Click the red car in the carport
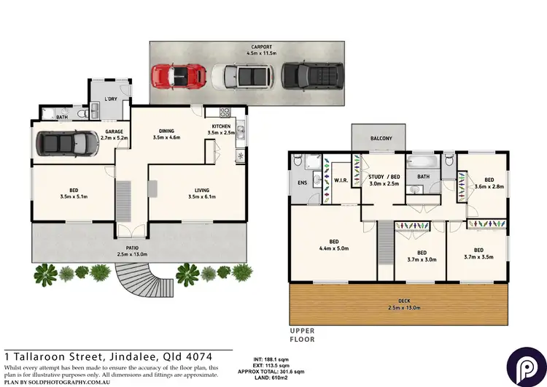[x=174, y=74]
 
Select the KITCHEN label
[x=220, y=126]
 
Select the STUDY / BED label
[x=384, y=177]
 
